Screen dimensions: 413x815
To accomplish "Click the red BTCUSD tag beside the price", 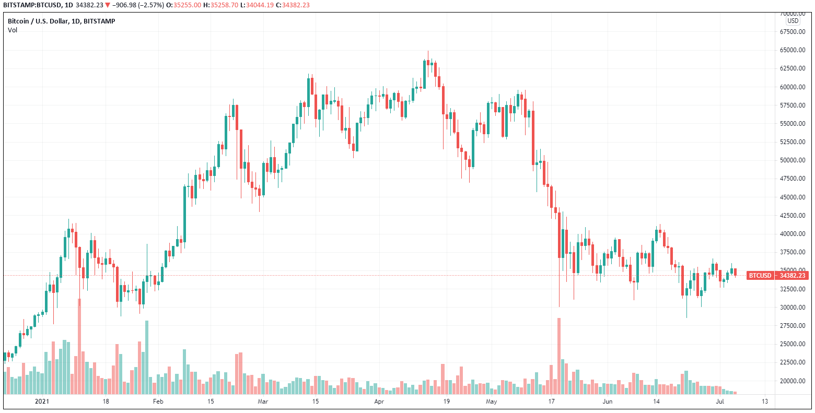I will click(x=760, y=275).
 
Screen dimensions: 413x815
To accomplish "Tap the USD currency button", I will click(x=793, y=21).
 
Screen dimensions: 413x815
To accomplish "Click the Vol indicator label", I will click(x=13, y=30).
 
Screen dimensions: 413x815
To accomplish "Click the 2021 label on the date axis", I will click(x=42, y=402).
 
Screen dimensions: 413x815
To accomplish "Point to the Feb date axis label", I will click(x=158, y=402).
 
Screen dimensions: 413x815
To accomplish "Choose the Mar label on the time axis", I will click(x=263, y=402).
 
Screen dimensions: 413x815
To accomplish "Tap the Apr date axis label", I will click(x=379, y=402).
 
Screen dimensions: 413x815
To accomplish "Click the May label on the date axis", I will click(x=491, y=402).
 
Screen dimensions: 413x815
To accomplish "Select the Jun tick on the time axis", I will click(x=607, y=402).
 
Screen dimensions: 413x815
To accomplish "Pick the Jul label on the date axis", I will click(x=719, y=402).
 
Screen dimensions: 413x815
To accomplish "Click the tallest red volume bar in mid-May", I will click(x=558, y=355).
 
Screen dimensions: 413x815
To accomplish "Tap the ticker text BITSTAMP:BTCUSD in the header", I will click(x=29, y=5).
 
